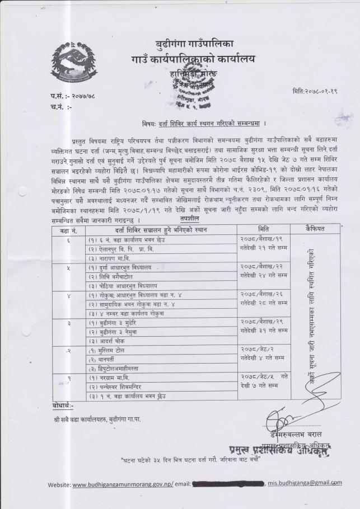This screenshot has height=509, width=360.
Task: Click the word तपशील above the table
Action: [x=189, y=220]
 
